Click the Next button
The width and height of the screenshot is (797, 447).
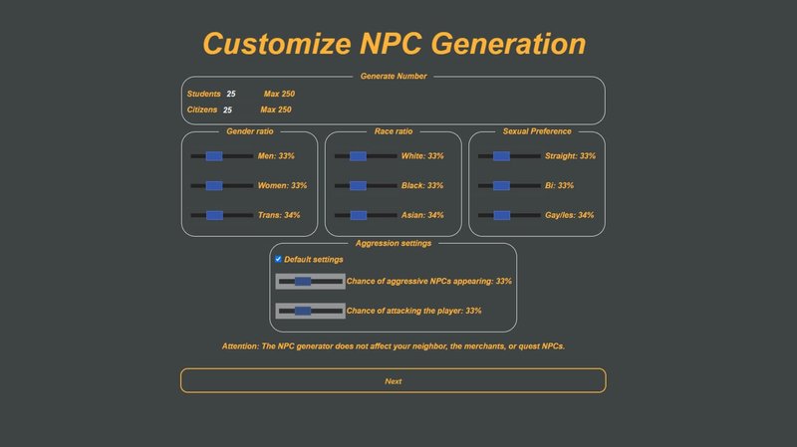pos(393,380)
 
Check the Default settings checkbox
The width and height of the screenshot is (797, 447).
pos(278,259)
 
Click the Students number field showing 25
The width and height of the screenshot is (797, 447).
pos(231,94)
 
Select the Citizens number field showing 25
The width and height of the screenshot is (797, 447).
pos(228,110)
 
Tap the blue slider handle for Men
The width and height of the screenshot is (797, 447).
pos(214,156)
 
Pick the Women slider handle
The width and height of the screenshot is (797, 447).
pos(214,185)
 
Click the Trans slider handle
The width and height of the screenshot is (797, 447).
pos(214,215)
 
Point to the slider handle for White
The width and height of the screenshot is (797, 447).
pos(358,156)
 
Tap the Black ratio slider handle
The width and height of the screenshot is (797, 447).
pos(358,185)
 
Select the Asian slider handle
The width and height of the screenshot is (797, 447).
pos(359,215)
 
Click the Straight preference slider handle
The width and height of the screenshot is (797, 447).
pos(501,156)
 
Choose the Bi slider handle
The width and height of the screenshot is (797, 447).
pos(501,185)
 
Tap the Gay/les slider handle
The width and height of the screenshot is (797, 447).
pos(502,215)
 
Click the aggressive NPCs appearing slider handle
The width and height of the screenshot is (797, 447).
pos(303,281)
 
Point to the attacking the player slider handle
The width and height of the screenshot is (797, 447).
pos(303,311)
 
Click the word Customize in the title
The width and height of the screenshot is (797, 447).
pos(277,44)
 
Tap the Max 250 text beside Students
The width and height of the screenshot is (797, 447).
pos(279,94)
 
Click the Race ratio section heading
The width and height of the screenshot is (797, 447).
pos(394,131)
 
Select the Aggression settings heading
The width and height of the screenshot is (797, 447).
pos(394,243)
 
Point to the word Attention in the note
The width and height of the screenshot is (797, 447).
pos(240,345)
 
